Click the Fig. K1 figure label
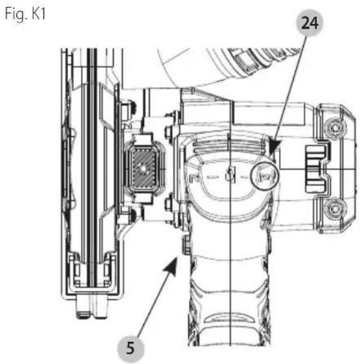tap(25, 14)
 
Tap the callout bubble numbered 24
tap(310, 23)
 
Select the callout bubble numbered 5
tap(131, 349)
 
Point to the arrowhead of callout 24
tap(275, 145)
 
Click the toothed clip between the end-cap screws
tap(317, 169)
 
